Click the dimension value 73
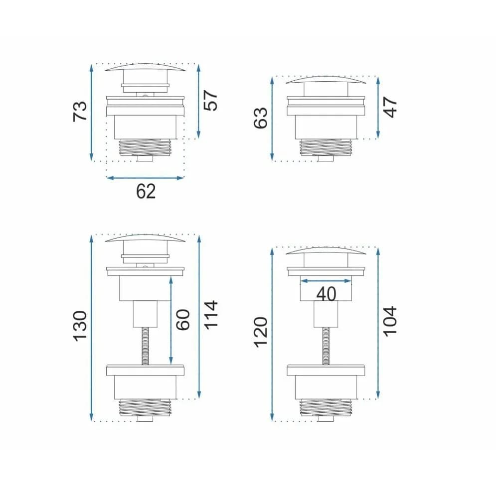(80, 111)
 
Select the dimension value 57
(211, 101)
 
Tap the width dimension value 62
(146, 192)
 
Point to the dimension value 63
(261, 118)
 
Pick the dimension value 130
(80, 326)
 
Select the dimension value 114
(211, 315)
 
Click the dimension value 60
(183, 320)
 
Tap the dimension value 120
(261, 332)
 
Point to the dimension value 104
(390, 321)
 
